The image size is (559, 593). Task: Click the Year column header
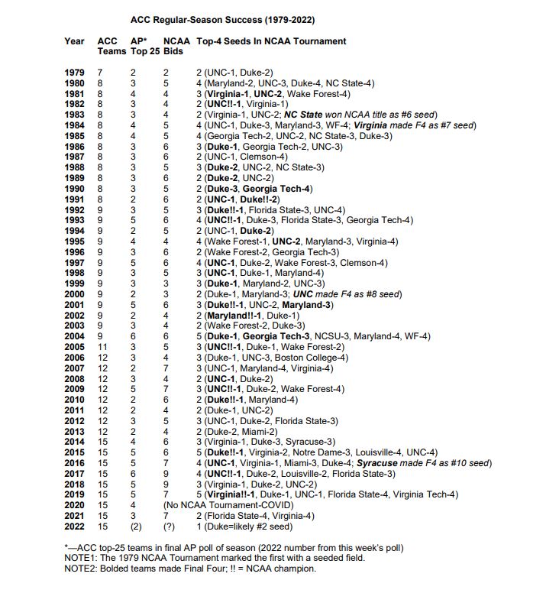pos(75,41)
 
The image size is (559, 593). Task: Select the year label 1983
pos(75,114)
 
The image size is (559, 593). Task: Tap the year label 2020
pos(75,504)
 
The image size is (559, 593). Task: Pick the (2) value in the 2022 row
pos(137,526)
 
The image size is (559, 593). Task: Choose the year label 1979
pos(75,72)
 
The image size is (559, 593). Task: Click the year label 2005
pos(75,346)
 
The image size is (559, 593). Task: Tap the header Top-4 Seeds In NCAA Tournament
pos(271,41)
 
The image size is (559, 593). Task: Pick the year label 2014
pos(75,441)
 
